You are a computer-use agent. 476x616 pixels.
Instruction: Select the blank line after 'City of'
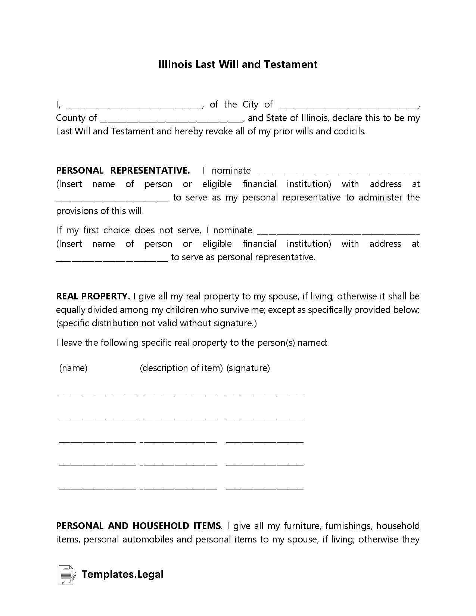coord(348,106)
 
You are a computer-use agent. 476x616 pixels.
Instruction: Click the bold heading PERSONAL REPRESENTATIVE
coord(123,171)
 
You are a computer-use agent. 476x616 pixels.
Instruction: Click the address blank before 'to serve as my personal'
coord(112,199)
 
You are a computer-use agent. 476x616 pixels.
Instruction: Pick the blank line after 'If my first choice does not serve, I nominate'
coord(338,231)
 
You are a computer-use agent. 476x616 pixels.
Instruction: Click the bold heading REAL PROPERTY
coord(93,296)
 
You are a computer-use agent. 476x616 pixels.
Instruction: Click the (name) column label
coord(73,368)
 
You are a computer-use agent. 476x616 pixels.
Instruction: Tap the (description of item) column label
coord(181,368)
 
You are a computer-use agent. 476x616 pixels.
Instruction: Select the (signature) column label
coord(248,368)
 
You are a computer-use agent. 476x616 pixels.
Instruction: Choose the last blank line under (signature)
coord(265,488)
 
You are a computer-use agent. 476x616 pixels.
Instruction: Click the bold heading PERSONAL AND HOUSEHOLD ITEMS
coord(139,526)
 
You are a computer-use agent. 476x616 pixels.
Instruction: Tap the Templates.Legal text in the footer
coord(122,574)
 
